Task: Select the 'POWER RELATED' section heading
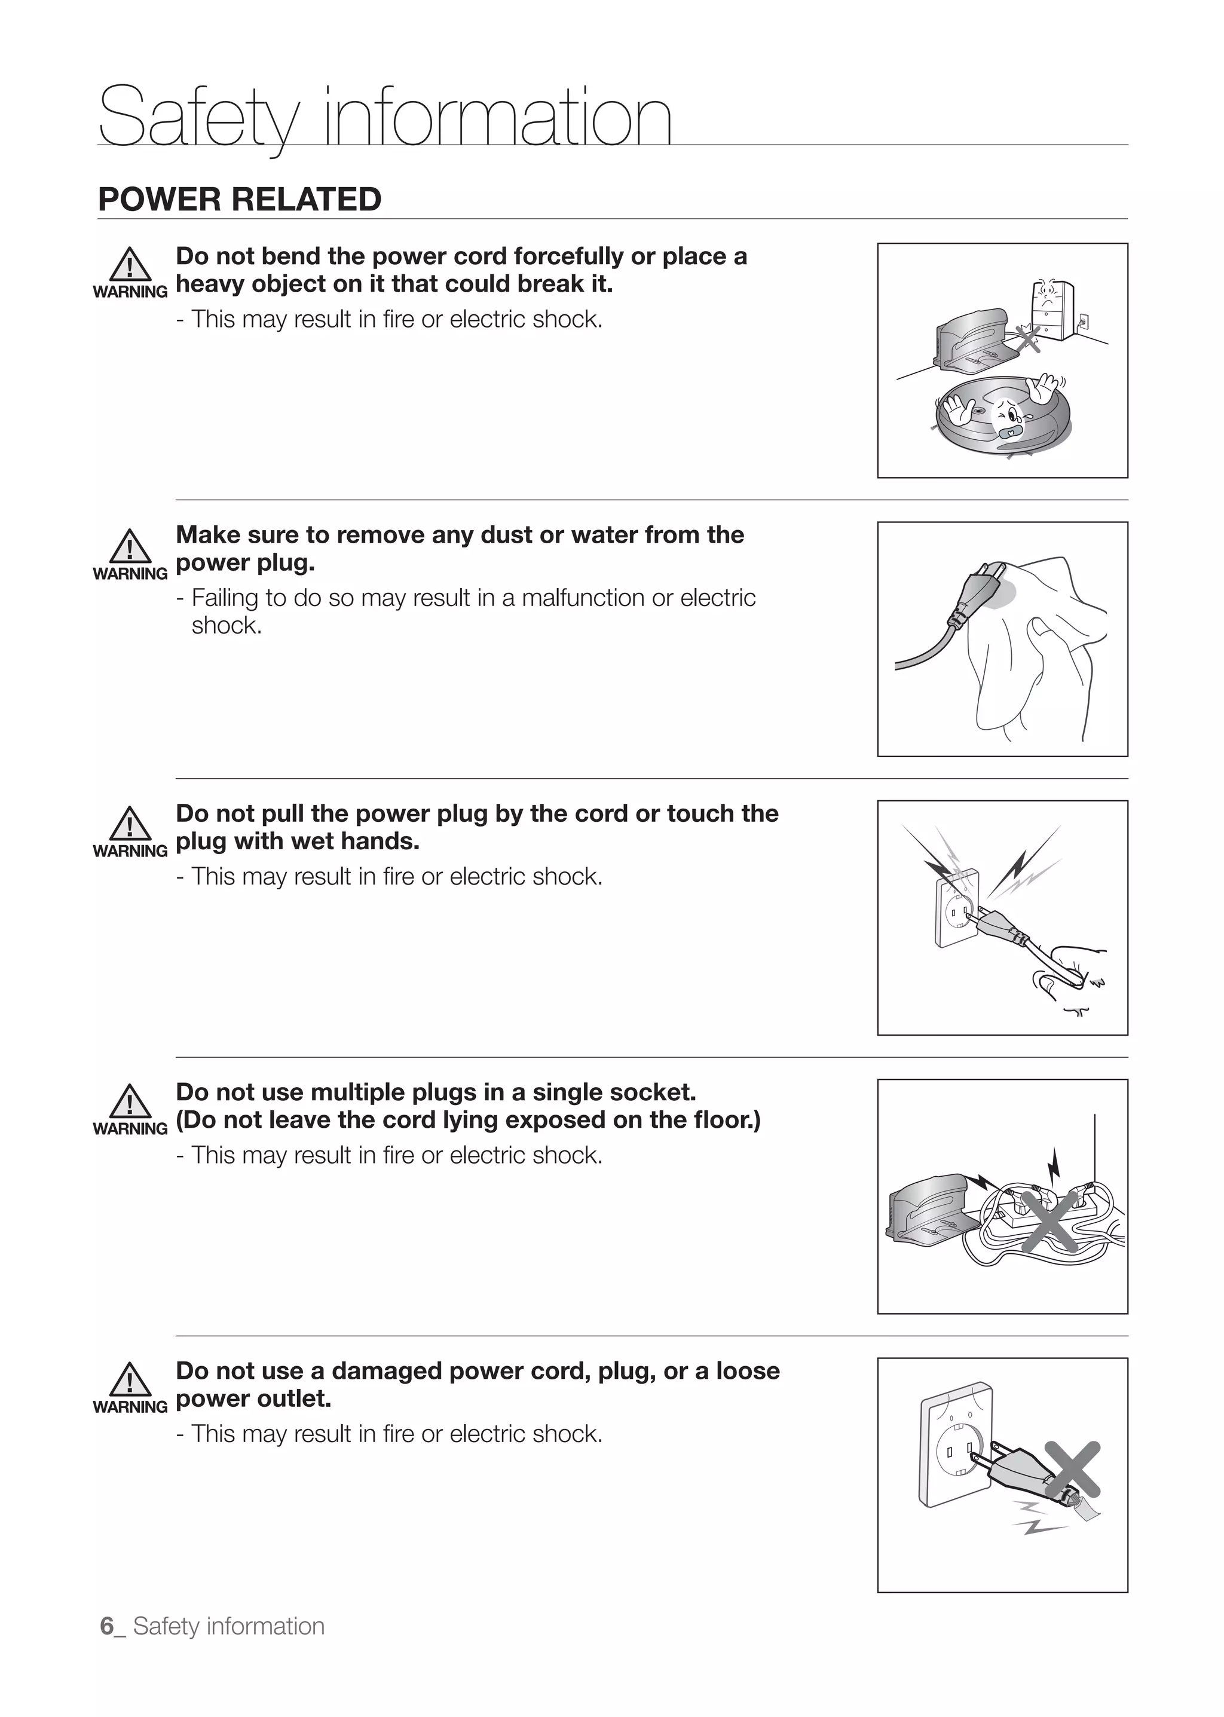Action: coord(240,200)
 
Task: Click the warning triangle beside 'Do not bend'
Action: coord(130,265)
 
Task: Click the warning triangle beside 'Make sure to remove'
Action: coord(130,546)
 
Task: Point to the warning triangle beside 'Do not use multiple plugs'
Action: coord(130,1102)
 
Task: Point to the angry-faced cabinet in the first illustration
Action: coord(1051,310)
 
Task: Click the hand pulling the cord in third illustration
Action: coord(1074,969)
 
